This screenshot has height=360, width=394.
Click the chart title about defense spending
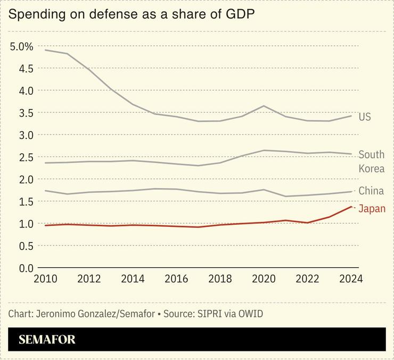pos(132,14)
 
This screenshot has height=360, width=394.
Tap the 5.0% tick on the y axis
pos(22,46)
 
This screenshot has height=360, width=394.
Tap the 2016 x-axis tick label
pos(175,280)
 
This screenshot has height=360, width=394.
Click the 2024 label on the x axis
pos(350,280)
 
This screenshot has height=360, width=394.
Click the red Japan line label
pos(372,209)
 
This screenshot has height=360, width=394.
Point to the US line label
pos(365,117)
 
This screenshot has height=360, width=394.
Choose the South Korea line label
pos(371,162)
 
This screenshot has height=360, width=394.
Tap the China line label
pos(371,191)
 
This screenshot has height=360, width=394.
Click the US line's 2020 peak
pos(264,106)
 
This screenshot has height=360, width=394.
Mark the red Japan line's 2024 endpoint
pos(351,207)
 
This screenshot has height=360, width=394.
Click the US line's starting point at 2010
pos(45,50)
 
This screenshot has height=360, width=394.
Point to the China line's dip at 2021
pos(286,197)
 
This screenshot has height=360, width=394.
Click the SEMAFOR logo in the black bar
pos(47,339)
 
